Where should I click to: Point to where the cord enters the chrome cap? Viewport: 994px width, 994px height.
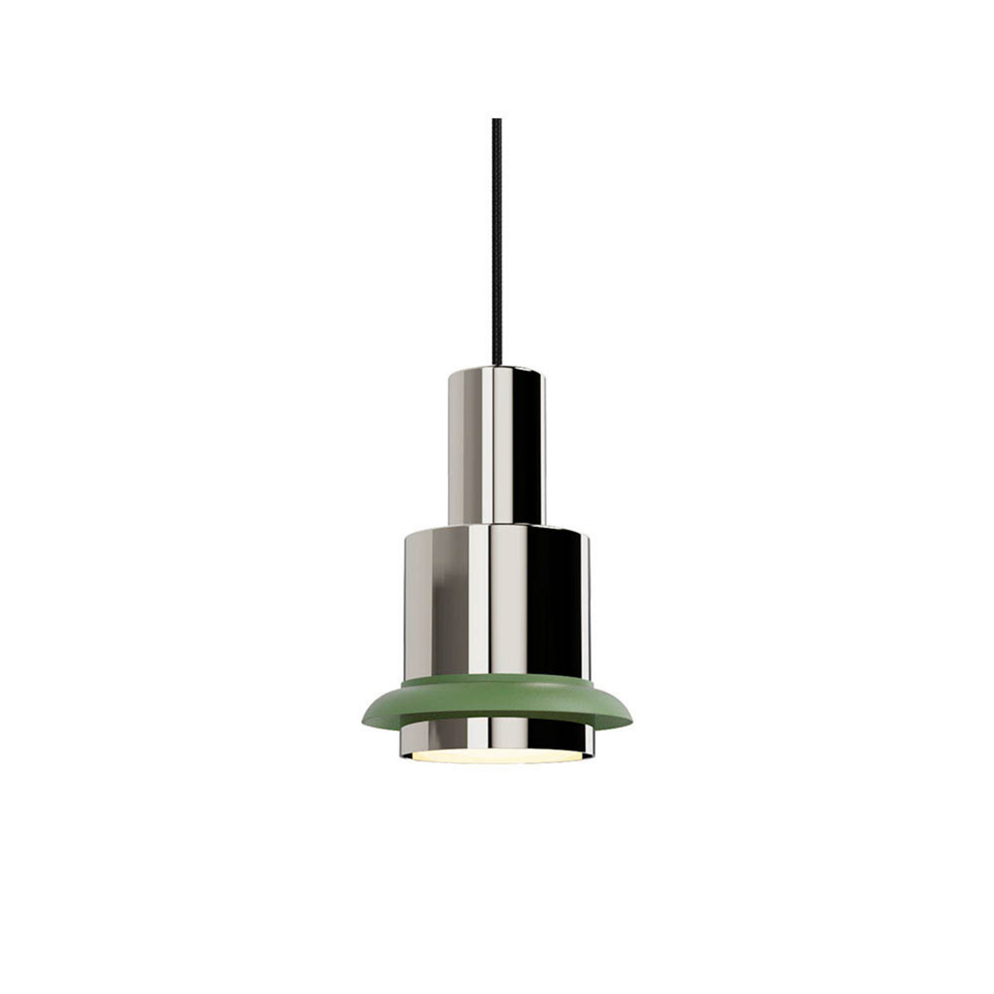coord(497,366)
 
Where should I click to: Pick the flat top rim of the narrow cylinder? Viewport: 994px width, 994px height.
coord(497,369)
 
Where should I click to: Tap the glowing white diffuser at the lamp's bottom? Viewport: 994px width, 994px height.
coord(497,757)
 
